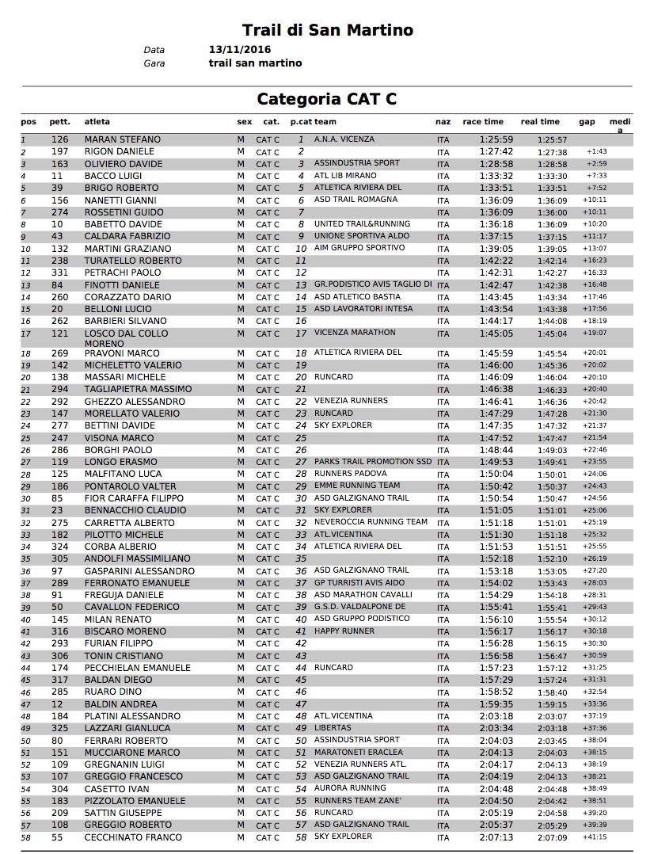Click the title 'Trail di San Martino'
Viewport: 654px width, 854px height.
[x=328, y=31]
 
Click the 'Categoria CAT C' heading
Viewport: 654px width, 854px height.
[x=326, y=99]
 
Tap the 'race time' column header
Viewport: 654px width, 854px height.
[x=483, y=122]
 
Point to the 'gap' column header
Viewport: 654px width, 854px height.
[x=587, y=122]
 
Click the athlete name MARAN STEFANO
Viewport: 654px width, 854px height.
[x=122, y=139]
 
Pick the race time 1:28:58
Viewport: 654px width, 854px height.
[x=496, y=164]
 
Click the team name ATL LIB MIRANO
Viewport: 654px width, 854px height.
[x=345, y=176]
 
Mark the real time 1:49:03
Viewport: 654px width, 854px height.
[x=552, y=450]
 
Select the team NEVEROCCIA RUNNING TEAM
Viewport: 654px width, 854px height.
[x=371, y=522]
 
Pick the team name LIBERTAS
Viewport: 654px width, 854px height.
[x=333, y=728]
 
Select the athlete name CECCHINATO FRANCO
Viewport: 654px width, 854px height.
[x=133, y=837]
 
